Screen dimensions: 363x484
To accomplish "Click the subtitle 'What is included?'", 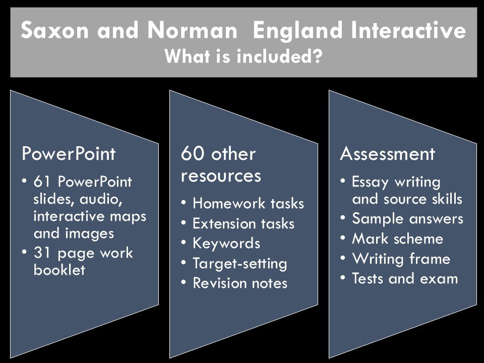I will tap(244, 56).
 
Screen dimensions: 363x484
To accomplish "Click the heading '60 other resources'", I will tap(221, 164).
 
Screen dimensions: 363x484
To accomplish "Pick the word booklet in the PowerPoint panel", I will tap(59, 270).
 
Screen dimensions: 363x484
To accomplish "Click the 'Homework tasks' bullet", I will tap(248, 204).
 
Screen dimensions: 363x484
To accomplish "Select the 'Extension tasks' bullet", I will tap(244, 223).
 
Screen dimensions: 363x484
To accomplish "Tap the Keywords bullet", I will tap(226, 244).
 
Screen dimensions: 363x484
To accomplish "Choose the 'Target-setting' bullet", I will tap(240, 263).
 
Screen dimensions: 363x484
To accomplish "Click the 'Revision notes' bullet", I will tap(240, 283).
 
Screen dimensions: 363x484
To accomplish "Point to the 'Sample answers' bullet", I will tap(407, 219).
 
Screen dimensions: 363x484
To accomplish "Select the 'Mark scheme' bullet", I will tap(398, 239).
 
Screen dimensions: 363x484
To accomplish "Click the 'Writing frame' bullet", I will tap(401, 259).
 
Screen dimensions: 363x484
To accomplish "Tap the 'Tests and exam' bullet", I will tap(405, 279).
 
